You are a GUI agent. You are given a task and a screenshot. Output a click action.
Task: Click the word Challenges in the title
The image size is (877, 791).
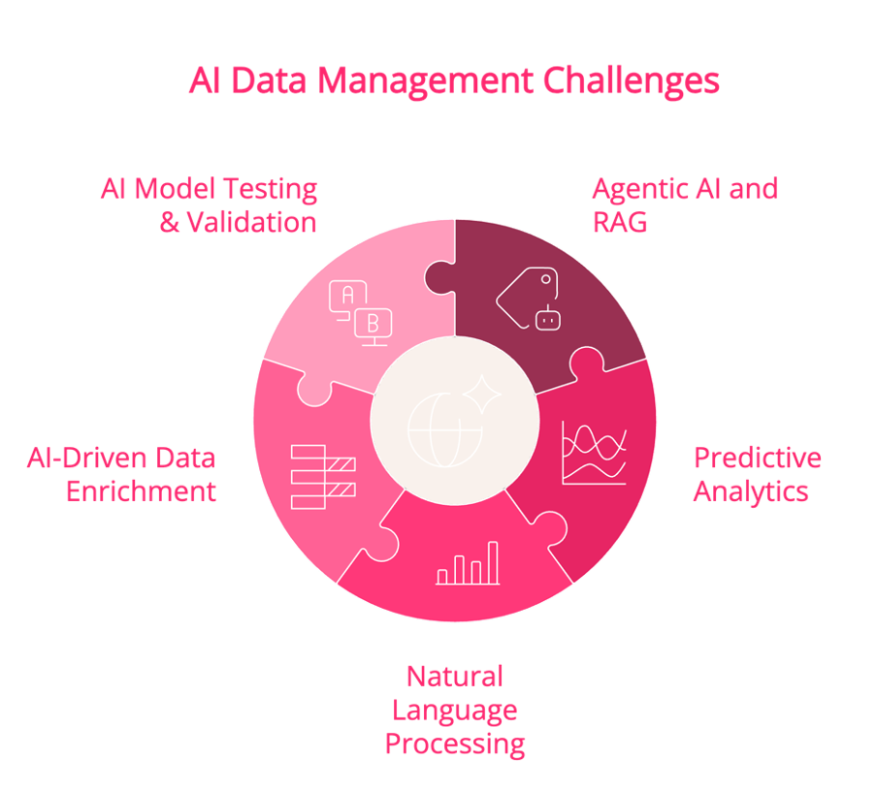coord(631,81)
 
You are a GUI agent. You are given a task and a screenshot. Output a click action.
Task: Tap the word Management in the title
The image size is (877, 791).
coord(425,81)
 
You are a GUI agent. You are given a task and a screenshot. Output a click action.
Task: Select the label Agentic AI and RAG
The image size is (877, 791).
coord(685,206)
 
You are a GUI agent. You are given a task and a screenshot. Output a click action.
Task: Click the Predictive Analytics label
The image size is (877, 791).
coord(758,475)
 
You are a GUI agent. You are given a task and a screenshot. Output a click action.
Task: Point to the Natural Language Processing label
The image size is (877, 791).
coord(455,710)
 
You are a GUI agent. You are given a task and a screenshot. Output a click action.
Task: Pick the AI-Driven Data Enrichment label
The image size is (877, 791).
coord(121,475)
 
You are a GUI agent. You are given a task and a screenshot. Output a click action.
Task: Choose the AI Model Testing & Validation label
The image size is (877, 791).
coord(210,206)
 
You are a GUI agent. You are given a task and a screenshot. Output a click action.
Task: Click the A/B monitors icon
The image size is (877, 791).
coord(361,313)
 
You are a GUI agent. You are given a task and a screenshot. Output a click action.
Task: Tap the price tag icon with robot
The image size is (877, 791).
coord(528,300)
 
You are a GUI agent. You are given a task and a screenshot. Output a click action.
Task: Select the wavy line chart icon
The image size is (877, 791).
coord(594,453)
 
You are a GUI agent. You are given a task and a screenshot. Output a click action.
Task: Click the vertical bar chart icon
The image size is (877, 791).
coord(468,563)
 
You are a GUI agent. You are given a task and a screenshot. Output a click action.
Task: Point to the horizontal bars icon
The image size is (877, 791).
coord(323,477)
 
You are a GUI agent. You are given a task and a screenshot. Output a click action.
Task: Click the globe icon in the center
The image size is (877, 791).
coord(445,429)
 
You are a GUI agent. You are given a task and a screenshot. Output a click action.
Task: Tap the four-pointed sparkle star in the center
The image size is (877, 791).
coord(482,395)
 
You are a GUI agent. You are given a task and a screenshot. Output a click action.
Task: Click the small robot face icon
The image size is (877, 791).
coord(548,318)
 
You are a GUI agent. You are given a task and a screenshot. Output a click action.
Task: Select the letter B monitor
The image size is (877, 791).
coord(374,327)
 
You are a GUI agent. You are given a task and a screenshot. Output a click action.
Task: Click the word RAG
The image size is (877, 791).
coord(620,223)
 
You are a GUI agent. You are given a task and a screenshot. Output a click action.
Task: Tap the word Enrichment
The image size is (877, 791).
coord(141,491)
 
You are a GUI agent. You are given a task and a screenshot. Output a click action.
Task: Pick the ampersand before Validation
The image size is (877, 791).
coord(170,223)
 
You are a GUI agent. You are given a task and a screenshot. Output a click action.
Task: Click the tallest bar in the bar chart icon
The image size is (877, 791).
coord(493,563)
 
